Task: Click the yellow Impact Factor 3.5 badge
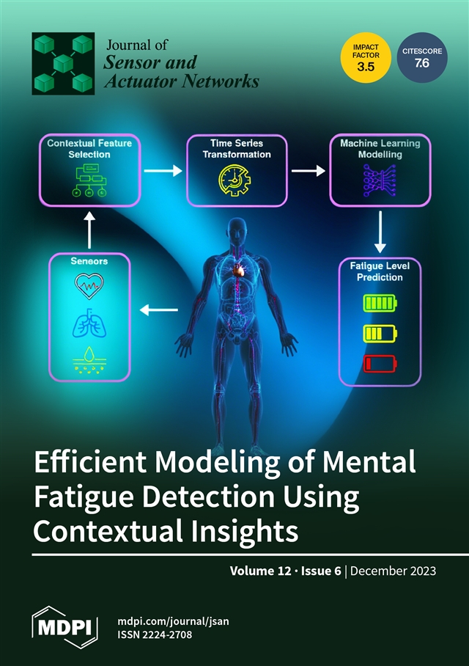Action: point(366,57)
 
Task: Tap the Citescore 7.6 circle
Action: point(422,57)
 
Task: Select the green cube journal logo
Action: point(63,63)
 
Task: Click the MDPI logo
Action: point(65,627)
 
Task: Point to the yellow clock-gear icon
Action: point(234,180)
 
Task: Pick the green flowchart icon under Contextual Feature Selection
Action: point(89,180)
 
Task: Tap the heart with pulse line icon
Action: point(89,286)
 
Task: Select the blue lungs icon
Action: point(89,323)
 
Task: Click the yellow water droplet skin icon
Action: point(89,360)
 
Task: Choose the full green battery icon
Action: point(380,303)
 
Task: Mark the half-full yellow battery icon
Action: point(380,334)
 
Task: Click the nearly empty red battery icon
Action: point(380,364)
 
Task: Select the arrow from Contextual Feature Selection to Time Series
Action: point(163,171)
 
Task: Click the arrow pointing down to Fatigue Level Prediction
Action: point(380,232)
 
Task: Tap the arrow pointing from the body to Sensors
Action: point(159,310)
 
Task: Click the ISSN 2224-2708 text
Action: point(155,634)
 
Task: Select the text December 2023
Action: point(393,571)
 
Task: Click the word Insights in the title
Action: point(245,531)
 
